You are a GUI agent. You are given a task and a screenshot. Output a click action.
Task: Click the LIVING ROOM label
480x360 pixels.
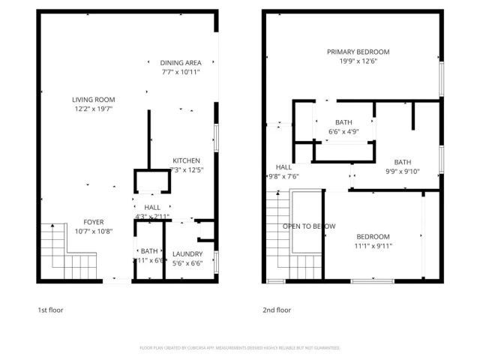94,99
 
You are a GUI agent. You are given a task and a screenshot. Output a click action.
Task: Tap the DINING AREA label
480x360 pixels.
181,63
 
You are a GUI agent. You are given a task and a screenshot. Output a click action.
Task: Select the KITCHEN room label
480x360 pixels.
186,160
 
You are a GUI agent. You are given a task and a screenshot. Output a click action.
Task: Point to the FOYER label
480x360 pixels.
94,222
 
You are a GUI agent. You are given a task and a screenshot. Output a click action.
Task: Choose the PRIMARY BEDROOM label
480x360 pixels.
358,52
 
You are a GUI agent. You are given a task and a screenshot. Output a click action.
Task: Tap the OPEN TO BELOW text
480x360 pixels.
308,226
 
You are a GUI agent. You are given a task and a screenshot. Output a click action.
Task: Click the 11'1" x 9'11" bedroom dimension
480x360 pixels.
373,245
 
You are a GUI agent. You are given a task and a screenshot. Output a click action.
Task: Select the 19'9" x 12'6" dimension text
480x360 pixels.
358,61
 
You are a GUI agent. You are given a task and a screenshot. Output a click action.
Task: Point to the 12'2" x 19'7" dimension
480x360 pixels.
94,108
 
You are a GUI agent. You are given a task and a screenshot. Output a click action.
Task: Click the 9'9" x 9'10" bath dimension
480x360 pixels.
403,171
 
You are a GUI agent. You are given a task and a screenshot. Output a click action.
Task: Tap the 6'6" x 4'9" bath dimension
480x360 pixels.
343,132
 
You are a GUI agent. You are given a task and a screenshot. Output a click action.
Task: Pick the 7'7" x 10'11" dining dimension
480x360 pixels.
181,72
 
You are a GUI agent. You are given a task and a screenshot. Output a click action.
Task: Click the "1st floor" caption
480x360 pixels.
51,310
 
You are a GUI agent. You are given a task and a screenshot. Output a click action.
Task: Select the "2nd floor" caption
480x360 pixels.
276,310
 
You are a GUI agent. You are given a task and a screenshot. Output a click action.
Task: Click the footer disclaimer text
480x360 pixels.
240,348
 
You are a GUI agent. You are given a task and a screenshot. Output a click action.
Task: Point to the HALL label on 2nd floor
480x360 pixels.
283,167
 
